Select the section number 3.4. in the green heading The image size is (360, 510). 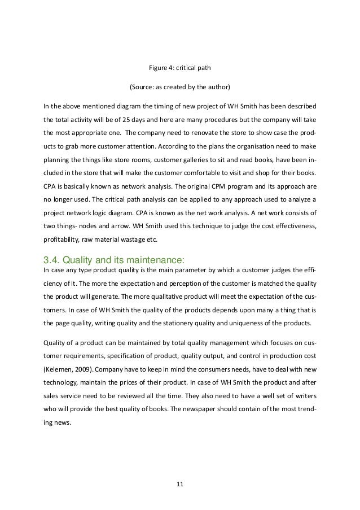click(x=53, y=260)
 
